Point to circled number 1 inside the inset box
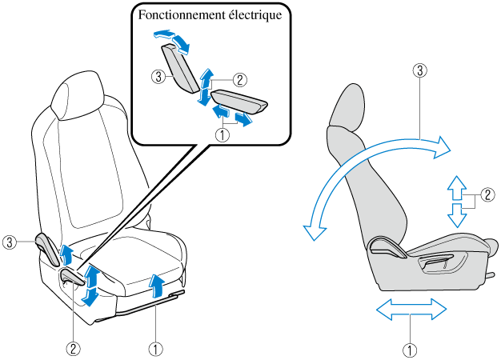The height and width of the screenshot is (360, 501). click(x=223, y=135)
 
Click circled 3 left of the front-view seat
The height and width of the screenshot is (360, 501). click(x=10, y=241)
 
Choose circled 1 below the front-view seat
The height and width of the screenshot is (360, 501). click(x=155, y=348)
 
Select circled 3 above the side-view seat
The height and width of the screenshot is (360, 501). click(x=419, y=70)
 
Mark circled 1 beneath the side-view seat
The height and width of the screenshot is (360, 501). click(x=409, y=349)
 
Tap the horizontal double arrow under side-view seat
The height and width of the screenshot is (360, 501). click(x=411, y=310)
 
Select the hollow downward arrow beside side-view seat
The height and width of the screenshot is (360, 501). click(x=455, y=214)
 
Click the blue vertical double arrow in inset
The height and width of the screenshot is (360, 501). click(x=206, y=87)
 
